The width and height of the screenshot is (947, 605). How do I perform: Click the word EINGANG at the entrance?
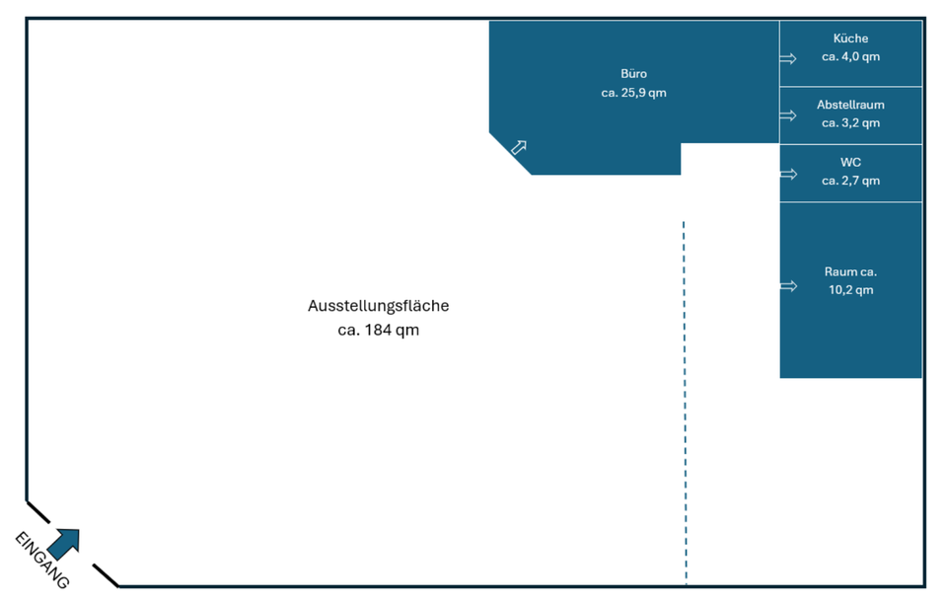(x=42, y=560)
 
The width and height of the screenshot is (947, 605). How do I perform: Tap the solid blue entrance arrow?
(x=64, y=543)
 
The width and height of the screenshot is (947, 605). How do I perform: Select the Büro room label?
(x=633, y=74)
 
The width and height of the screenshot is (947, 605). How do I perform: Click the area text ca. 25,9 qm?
(x=633, y=93)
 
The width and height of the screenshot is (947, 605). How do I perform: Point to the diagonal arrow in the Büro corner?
(x=518, y=148)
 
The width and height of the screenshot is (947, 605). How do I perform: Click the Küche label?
(x=850, y=38)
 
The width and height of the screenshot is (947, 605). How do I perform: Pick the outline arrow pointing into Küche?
(x=788, y=58)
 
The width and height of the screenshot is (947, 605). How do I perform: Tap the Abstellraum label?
(x=850, y=105)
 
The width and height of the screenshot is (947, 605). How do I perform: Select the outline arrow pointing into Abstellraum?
(x=788, y=115)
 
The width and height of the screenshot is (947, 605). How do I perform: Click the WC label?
(x=850, y=162)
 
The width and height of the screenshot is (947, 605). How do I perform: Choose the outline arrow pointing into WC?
(x=788, y=174)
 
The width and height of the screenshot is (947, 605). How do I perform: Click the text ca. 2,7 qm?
(x=850, y=181)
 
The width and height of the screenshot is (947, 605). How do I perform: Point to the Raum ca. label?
(x=850, y=271)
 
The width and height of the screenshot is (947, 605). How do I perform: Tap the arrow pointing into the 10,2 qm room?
(x=788, y=286)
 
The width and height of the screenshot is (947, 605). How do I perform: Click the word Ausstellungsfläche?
(x=378, y=306)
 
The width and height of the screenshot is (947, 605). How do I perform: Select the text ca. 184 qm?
(x=378, y=330)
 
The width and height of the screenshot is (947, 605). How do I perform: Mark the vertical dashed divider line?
(x=684, y=395)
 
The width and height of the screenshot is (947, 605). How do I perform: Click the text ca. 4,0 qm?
(x=850, y=57)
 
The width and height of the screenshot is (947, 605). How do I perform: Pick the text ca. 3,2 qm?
(x=850, y=123)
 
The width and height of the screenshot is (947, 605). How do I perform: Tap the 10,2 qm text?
(x=850, y=290)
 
